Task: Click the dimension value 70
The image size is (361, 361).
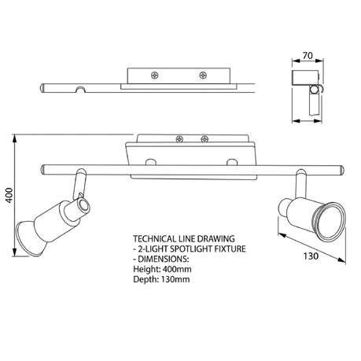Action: click(308, 56)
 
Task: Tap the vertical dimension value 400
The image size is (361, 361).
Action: click(9, 195)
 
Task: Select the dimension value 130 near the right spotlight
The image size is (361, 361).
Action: click(311, 256)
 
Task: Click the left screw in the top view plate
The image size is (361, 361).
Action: click(155, 76)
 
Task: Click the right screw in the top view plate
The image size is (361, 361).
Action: click(203, 76)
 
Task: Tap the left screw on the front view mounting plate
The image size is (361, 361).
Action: click(179, 139)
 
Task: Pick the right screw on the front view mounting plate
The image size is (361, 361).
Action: click(204, 139)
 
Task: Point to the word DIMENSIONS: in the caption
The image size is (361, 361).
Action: click(164, 259)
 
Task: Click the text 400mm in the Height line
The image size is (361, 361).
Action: click(177, 269)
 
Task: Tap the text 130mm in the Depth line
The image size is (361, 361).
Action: click(175, 279)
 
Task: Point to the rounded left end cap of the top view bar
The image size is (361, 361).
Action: click(43, 88)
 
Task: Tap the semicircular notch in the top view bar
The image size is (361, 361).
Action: click(81, 89)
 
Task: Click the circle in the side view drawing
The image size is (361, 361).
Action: click(313, 90)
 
